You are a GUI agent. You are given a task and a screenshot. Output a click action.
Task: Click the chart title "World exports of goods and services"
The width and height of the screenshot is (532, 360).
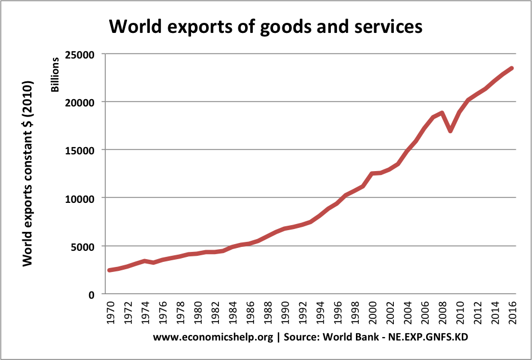point(266,26)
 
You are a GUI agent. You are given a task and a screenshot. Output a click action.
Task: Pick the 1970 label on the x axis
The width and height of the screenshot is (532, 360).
point(110,312)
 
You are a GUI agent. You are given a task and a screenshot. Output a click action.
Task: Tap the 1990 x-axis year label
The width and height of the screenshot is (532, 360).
point(285,312)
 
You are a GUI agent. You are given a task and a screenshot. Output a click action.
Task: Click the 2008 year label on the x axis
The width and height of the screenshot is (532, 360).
point(442,312)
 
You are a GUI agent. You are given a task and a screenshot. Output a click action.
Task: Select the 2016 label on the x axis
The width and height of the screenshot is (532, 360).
point(512,312)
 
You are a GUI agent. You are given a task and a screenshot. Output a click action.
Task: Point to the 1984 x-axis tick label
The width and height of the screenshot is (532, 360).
point(232,312)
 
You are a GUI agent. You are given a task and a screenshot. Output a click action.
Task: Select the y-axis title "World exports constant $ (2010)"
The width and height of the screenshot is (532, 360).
point(27,174)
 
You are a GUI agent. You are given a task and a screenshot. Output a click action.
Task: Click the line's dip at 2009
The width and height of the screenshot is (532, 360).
point(451,131)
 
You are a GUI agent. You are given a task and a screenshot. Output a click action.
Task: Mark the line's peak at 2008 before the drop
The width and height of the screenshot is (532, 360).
point(442,113)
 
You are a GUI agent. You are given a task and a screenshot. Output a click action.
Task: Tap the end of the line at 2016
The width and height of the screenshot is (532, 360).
point(511,69)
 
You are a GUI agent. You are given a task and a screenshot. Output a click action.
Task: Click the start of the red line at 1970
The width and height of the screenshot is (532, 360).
point(110,270)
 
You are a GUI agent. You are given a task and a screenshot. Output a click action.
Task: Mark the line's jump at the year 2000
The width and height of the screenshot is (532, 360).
point(372,174)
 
